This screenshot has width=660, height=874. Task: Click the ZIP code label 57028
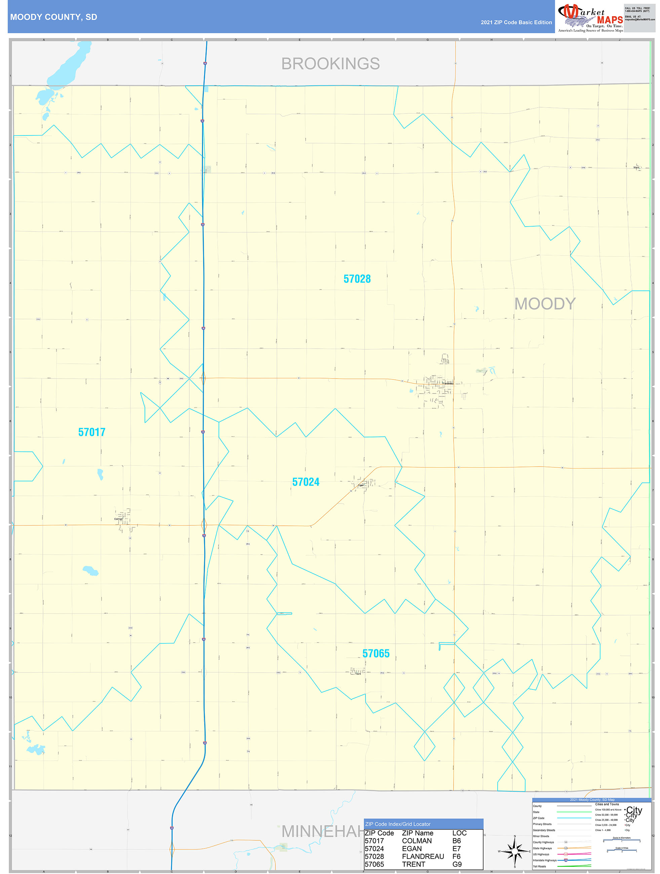(x=357, y=279)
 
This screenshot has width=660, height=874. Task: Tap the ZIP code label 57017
(x=92, y=432)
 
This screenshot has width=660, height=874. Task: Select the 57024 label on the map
(x=306, y=482)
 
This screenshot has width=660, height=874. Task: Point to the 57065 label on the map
(x=376, y=653)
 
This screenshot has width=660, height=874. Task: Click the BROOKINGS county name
(x=331, y=64)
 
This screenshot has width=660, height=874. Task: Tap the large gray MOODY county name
(x=545, y=304)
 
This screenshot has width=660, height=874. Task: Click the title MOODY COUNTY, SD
(x=54, y=17)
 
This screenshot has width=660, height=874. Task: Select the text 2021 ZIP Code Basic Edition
(x=516, y=23)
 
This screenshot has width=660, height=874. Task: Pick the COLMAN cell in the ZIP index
(x=417, y=841)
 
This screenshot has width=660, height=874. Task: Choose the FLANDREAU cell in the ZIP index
(x=423, y=856)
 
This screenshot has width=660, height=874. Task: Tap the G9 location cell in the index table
(x=457, y=864)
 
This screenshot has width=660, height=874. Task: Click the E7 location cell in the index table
(x=457, y=848)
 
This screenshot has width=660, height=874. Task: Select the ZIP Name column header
(x=417, y=833)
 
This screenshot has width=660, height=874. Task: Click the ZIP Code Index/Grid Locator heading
(x=398, y=824)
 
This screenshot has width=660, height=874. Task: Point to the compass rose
(x=514, y=851)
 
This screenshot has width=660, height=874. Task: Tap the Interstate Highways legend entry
(x=545, y=860)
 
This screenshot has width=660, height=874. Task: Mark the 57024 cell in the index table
(x=374, y=848)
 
